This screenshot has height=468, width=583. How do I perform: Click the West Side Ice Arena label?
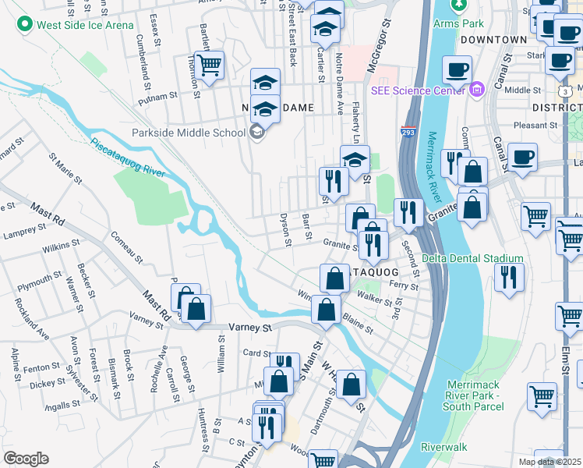point(86,25)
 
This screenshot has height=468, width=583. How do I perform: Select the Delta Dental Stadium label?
point(472,258)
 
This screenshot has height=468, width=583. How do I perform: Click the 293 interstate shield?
point(408,131)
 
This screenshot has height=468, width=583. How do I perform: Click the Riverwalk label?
point(443,447)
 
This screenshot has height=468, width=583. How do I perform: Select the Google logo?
point(26,459)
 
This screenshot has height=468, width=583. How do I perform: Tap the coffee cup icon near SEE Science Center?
point(458,69)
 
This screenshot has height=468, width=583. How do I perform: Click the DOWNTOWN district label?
point(493,39)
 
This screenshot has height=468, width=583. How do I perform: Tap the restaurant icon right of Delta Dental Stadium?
point(509,276)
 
